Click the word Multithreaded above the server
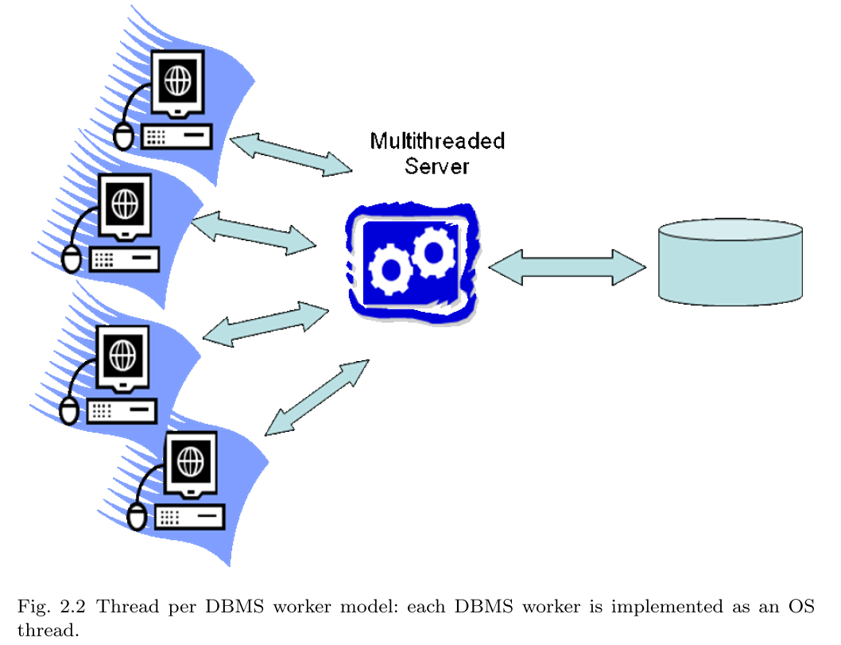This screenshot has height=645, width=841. coord(437,142)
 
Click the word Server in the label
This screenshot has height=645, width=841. coord(437,167)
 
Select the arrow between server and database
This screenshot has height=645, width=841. coord(567,267)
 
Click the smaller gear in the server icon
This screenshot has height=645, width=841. coord(432,251)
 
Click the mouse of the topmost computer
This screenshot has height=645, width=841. coord(122,136)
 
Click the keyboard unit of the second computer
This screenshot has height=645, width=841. coord(124,259)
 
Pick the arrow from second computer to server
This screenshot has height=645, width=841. coord(254,232)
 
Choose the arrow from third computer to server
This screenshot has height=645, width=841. coord(265,323)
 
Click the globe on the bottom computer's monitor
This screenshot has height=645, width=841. coord(189,459)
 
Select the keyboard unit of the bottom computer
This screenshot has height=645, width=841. coord(190,517)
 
